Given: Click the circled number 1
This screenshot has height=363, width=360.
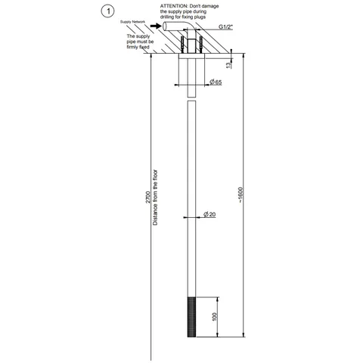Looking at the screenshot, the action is pyautogui.click(x=107, y=11).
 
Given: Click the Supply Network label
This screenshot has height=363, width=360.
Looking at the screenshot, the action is pyautogui.click(x=132, y=22).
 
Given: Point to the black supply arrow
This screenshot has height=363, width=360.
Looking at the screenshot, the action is pyautogui.click(x=156, y=26).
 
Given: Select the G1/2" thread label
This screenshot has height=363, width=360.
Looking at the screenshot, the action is pyautogui.click(x=225, y=27).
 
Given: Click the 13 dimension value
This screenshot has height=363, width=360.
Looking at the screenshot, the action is pyautogui.click(x=228, y=65).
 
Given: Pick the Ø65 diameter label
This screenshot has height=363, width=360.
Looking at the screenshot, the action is pyautogui.click(x=216, y=82).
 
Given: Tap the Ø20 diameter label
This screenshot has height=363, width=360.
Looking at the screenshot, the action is pyautogui.click(x=209, y=214).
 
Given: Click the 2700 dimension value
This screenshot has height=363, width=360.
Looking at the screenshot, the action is pyautogui.click(x=148, y=197).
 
